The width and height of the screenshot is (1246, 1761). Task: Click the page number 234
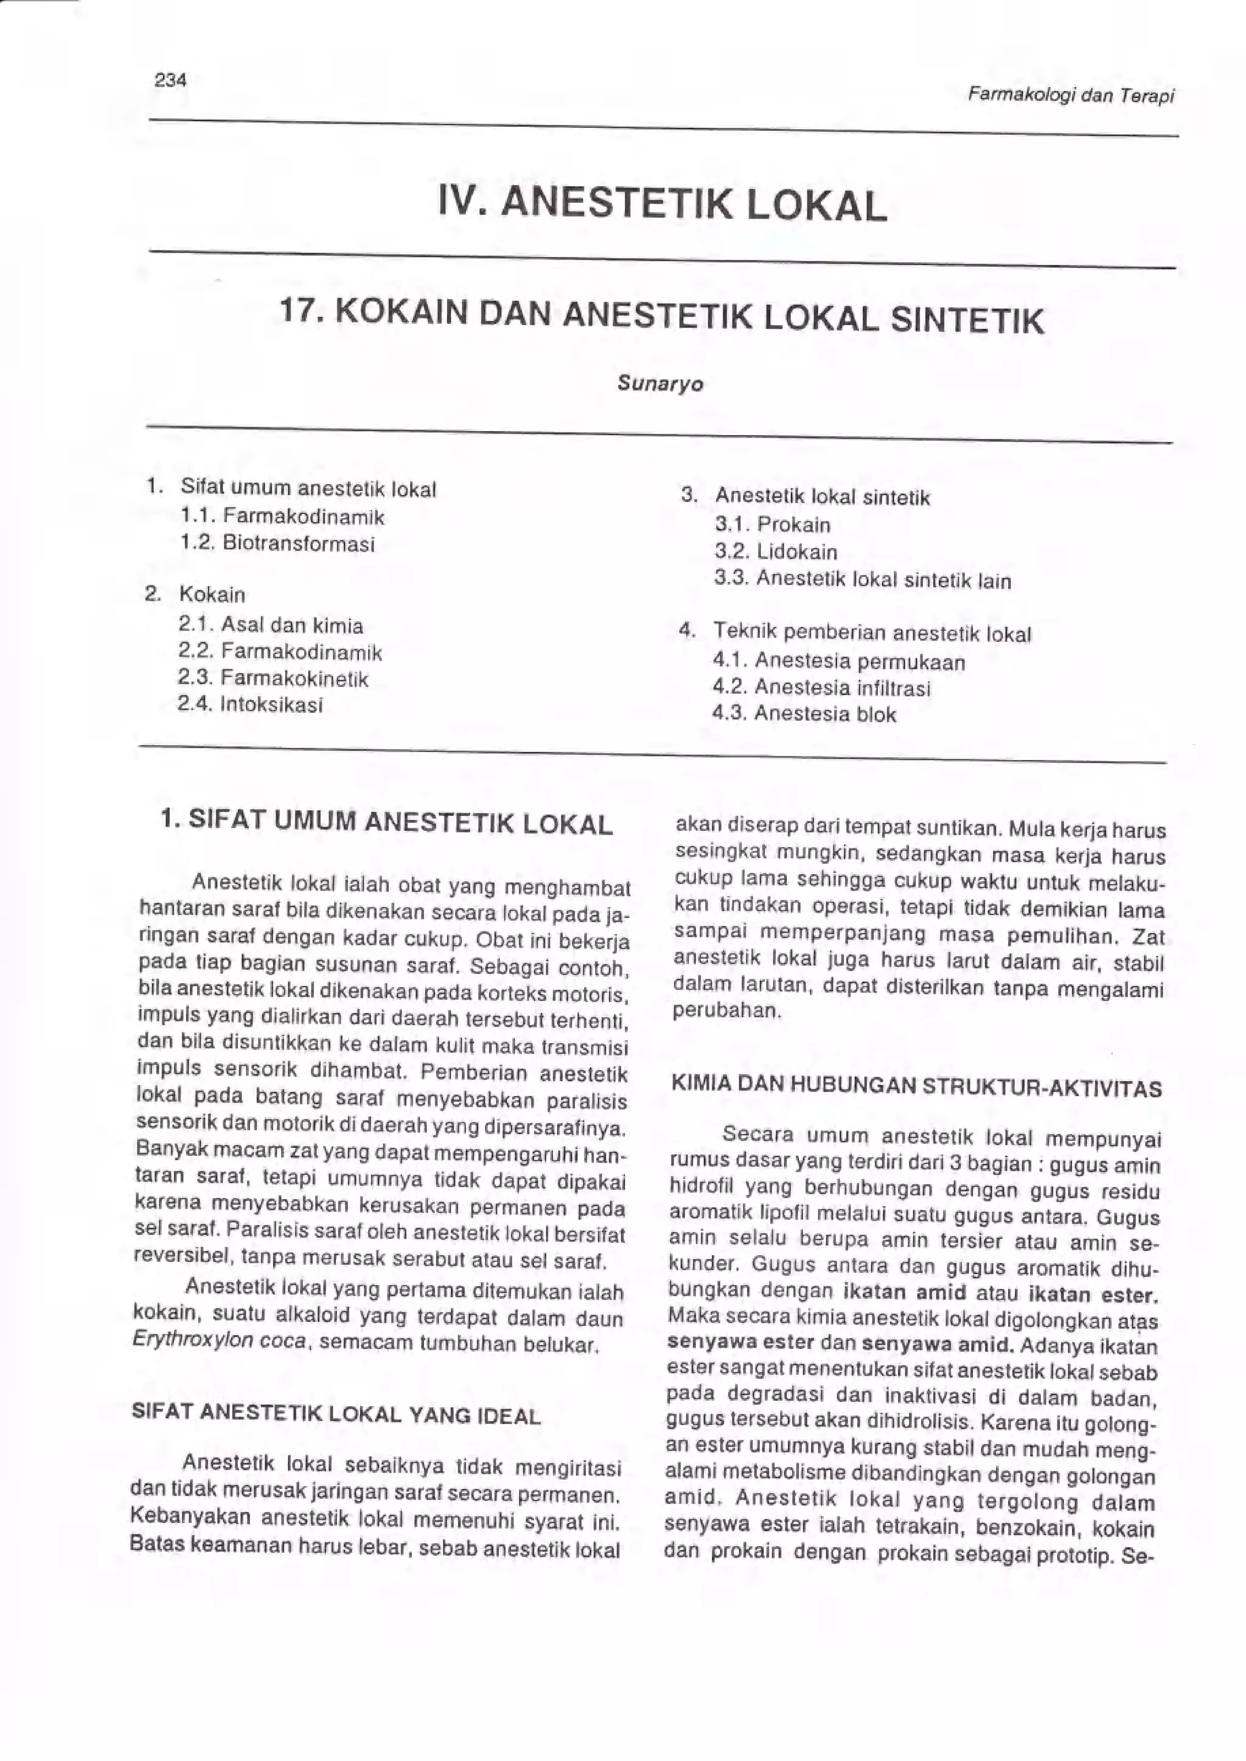[x=170, y=80]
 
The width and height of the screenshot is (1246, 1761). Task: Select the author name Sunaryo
[x=660, y=384]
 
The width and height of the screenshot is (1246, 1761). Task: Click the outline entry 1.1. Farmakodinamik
[x=282, y=517]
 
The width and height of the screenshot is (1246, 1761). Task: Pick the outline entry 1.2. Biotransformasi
[x=278, y=544]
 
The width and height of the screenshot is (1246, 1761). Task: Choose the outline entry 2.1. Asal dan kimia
[x=270, y=626]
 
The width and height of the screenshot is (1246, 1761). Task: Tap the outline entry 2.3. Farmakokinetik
[x=273, y=679]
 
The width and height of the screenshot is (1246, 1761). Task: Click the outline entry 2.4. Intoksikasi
[x=250, y=705]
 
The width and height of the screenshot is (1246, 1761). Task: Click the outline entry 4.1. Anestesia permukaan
[x=838, y=661]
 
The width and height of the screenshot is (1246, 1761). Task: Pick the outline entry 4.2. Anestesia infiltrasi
[x=821, y=688]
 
